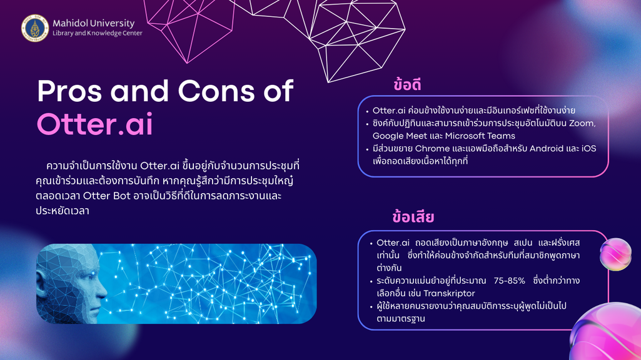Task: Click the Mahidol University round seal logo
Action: tap(35, 28)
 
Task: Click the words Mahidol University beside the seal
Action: tap(94, 23)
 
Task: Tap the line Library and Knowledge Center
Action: tap(98, 34)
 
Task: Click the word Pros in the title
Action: tap(69, 91)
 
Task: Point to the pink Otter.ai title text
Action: tap(95, 124)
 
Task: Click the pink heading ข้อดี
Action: tap(407, 84)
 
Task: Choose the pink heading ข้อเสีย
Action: tap(413, 217)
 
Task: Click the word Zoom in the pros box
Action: tap(582, 123)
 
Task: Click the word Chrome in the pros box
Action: tap(430, 148)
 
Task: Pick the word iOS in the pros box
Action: tap(588, 148)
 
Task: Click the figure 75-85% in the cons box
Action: tap(510, 281)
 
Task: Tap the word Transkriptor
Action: tap(449, 293)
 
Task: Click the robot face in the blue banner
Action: tap(72, 284)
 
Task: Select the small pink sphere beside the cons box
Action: tap(615, 254)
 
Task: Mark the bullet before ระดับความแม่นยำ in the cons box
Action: tap(371, 281)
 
